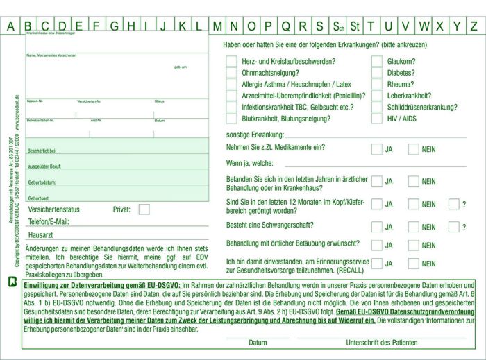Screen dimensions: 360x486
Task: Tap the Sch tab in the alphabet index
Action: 337,26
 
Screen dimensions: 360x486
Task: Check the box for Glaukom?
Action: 377,61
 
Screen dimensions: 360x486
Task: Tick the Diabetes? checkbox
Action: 377,73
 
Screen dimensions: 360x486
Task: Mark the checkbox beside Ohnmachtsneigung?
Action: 231,73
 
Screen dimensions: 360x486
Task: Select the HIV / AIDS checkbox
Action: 377,119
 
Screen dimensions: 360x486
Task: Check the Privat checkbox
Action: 144,209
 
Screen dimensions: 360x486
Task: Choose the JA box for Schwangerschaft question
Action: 376,227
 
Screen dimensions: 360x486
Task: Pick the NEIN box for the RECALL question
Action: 414,264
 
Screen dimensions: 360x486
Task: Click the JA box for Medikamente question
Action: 376,148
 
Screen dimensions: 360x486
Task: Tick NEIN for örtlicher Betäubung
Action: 414,245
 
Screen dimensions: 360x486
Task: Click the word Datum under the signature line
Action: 258,343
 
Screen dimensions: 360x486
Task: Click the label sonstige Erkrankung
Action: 255,134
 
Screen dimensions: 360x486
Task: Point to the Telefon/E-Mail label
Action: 49,222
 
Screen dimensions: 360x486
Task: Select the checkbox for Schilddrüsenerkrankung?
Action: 377,107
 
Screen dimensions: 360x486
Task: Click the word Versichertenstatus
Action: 54,209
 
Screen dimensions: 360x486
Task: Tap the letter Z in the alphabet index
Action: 474,26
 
